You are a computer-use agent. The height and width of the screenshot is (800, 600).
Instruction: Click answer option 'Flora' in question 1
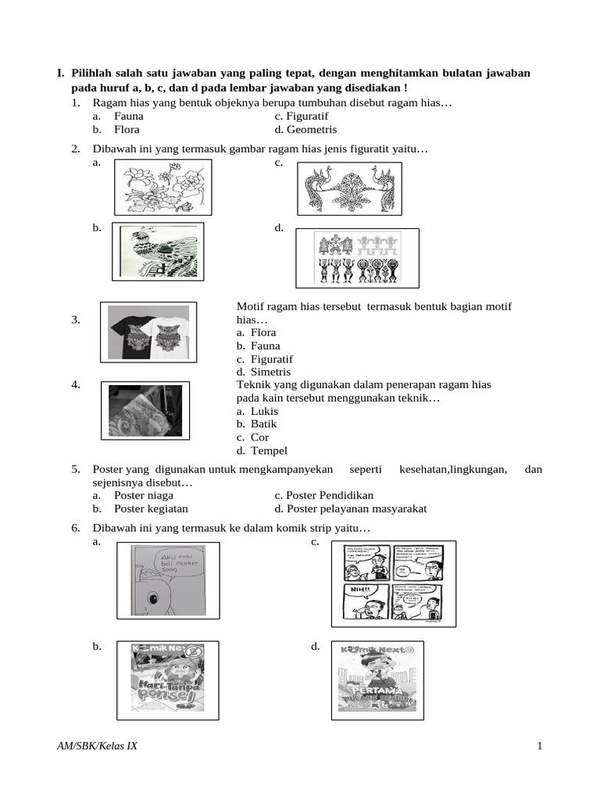pos(126,130)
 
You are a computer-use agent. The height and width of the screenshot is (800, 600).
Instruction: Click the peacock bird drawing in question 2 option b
pos(158,252)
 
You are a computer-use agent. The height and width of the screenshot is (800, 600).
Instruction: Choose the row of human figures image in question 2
pos(357,258)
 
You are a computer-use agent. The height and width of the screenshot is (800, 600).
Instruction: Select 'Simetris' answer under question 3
pos(257,372)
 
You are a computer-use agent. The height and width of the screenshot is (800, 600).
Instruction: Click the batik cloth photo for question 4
pos(145,410)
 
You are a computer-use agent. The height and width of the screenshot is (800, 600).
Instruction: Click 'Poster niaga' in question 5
pos(144,495)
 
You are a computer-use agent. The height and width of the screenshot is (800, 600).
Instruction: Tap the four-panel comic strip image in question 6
pos(393,584)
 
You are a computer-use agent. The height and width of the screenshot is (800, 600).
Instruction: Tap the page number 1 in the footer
pos(540,746)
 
